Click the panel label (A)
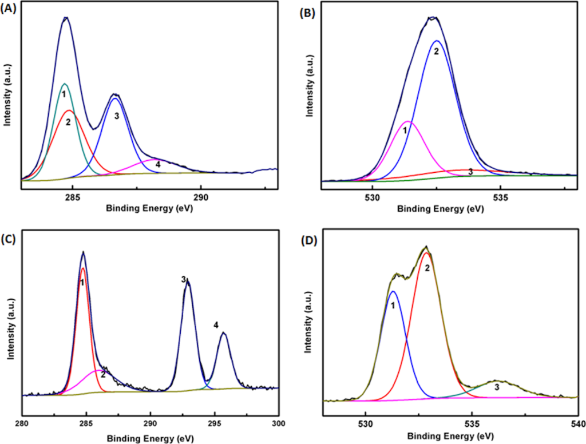11,10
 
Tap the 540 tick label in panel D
577,425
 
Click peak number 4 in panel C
216,325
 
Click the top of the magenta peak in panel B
407,122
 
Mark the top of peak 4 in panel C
224,332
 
